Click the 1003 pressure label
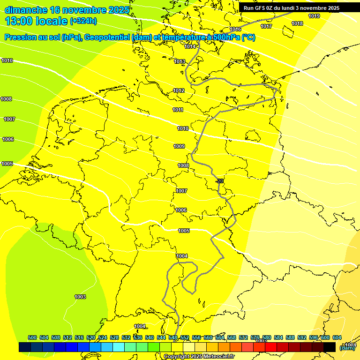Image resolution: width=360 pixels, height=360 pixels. [80, 297]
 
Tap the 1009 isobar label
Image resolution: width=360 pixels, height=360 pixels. [179, 147]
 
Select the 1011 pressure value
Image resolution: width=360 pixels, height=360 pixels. [178, 110]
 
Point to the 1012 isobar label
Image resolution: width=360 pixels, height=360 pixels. [179, 90]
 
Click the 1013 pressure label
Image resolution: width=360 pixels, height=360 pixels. [180, 61]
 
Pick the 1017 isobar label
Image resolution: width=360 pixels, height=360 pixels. [267, 27]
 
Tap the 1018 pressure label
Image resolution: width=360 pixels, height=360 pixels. [297, 23]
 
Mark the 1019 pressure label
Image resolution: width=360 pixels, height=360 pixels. [314, 16]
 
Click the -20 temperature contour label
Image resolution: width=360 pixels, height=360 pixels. [219, 181]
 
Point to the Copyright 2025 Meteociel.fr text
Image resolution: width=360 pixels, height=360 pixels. [199, 357]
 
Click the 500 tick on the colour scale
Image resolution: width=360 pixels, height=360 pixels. [32, 337]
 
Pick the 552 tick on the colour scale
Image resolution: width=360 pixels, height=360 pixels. [184, 337]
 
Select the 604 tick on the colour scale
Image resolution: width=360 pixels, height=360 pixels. [337, 337]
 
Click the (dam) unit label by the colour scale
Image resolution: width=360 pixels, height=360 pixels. [347, 347]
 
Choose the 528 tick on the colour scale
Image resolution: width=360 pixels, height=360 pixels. [114, 337]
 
